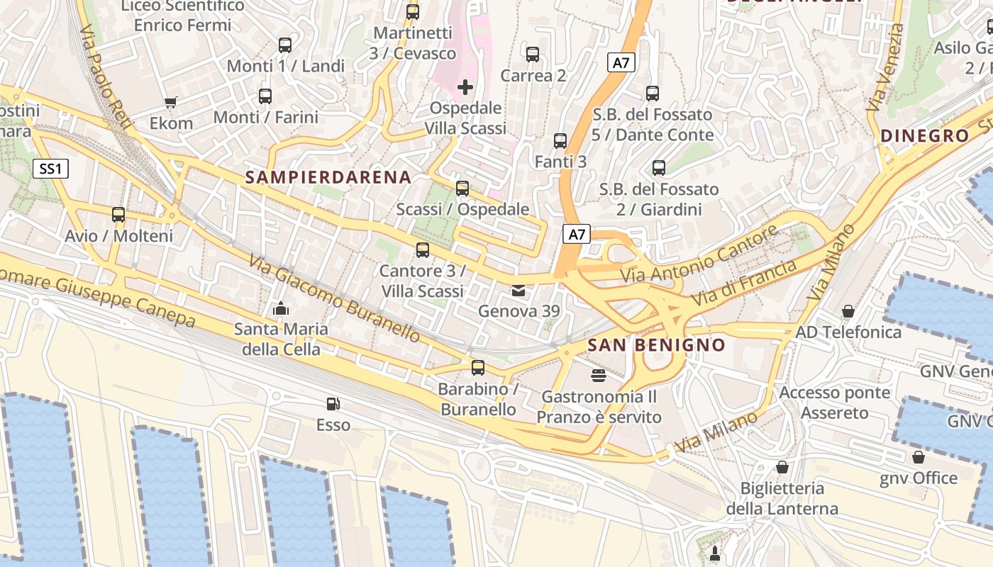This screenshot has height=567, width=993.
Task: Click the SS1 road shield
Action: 50,168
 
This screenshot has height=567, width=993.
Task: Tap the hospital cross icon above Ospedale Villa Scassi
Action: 465,87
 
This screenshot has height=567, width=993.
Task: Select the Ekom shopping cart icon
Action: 170,102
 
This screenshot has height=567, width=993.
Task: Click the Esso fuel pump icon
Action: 333,404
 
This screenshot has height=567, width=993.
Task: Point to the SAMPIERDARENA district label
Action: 328,177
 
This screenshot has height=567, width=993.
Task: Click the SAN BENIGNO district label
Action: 657,345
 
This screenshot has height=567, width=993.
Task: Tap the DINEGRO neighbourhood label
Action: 924,136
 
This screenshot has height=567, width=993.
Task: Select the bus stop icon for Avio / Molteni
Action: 118,214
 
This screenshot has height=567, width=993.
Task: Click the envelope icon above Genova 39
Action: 518,290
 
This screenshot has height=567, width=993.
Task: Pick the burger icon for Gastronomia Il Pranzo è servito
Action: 599,374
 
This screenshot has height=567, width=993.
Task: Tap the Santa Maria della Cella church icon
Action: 281,308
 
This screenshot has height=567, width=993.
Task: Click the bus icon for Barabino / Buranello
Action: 478,367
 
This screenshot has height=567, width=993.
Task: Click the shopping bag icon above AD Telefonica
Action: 848,311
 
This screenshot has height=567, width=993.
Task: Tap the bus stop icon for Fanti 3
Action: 560,140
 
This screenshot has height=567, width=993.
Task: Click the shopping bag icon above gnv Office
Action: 918,457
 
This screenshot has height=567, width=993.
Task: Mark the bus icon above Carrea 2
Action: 533,54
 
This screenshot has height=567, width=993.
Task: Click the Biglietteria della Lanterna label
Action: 782,498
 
